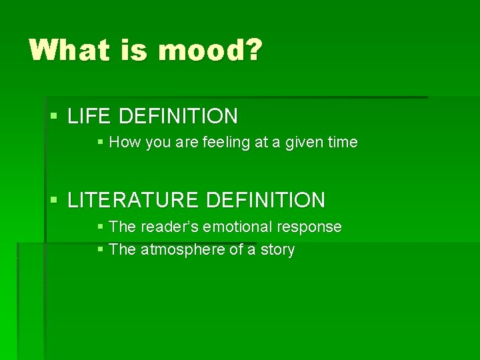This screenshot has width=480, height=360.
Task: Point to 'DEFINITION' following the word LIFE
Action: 178,116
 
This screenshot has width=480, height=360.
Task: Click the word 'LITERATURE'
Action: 135,199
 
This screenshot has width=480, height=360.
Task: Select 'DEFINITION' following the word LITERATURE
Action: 266,199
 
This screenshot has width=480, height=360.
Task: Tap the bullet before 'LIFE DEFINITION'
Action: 55,117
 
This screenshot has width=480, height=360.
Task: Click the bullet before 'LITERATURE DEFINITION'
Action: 55,200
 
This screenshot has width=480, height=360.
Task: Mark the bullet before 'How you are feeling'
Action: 100,142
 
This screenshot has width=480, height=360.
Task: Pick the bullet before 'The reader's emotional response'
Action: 100,227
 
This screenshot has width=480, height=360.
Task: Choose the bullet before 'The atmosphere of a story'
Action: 100,250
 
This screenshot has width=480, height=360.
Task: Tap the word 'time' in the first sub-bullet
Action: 343,142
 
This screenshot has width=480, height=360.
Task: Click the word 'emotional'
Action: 239,227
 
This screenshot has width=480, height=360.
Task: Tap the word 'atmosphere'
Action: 182,249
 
